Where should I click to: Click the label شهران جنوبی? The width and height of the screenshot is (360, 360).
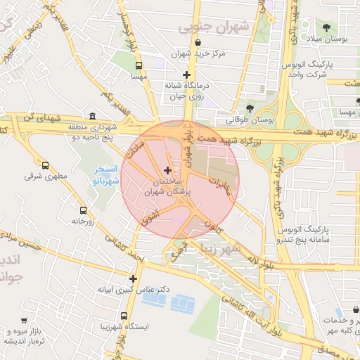click(214, 27)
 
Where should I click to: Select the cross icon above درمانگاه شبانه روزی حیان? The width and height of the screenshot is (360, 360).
click(186, 75)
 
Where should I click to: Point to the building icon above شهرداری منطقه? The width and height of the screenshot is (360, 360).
click(94, 116)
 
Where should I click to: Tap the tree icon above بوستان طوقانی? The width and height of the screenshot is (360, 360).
click(250, 108)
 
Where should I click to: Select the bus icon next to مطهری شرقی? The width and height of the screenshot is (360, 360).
click(46, 166)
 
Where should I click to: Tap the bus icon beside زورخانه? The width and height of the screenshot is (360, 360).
click(84, 210)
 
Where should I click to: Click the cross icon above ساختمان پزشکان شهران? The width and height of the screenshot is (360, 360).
click(167, 170)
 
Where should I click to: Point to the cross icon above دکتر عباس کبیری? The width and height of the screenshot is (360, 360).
click(133, 278)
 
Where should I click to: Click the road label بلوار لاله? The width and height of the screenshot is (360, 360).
click(259, 262)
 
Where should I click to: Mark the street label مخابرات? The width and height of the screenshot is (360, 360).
click(224, 184)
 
